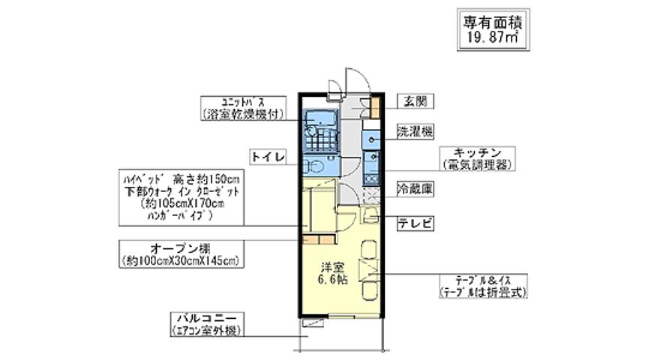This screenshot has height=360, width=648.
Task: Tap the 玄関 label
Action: coord(409,100)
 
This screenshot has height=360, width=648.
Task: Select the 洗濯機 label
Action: coord(415,132)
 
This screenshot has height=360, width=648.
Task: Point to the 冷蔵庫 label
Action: coord(415,190)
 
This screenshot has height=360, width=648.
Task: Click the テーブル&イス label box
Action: coord(485,286)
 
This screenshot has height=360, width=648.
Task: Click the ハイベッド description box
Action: coord(181,196)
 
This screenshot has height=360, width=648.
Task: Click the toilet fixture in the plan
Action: coord(314,166)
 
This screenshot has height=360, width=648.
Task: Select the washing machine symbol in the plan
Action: coord(371,139)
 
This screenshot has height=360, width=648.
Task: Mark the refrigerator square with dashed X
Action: coord(370,196)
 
